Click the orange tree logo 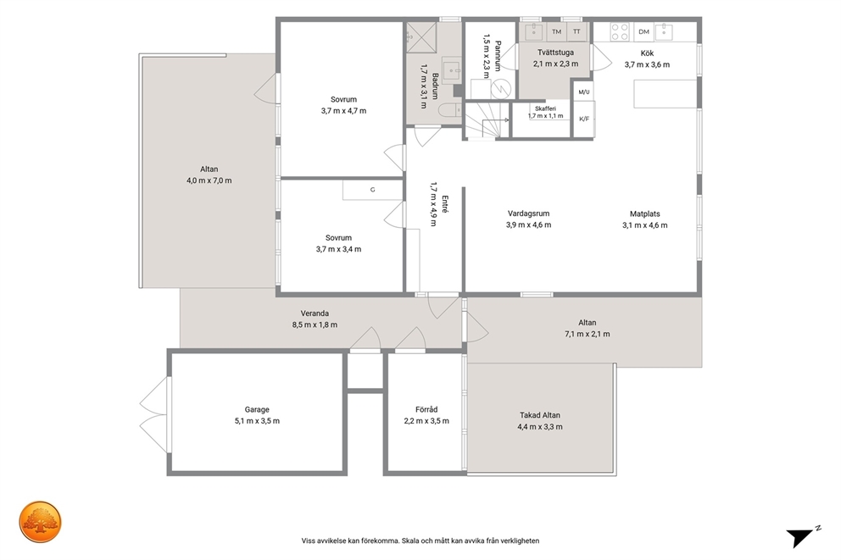[x=40, y=522]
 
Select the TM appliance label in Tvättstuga [x=557, y=31]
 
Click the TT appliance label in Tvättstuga [x=576, y=31]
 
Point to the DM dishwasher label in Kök [x=643, y=31]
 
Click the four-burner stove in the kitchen [x=621, y=31]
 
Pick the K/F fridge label [x=584, y=119]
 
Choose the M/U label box [x=583, y=91]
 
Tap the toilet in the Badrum [x=449, y=110]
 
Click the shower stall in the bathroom [x=421, y=37]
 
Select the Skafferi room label [x=545, y=108]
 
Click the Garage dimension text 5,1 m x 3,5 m [x=257, y=421]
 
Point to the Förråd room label [x=426, y=409]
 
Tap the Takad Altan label [x=539, y=415]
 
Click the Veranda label [x=315, y=313]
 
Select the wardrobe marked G [x=373, y=191]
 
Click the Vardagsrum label [x=528, y=213]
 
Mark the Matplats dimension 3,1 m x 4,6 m [x=644, y=225]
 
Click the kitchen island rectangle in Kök [x=665, y=94]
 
